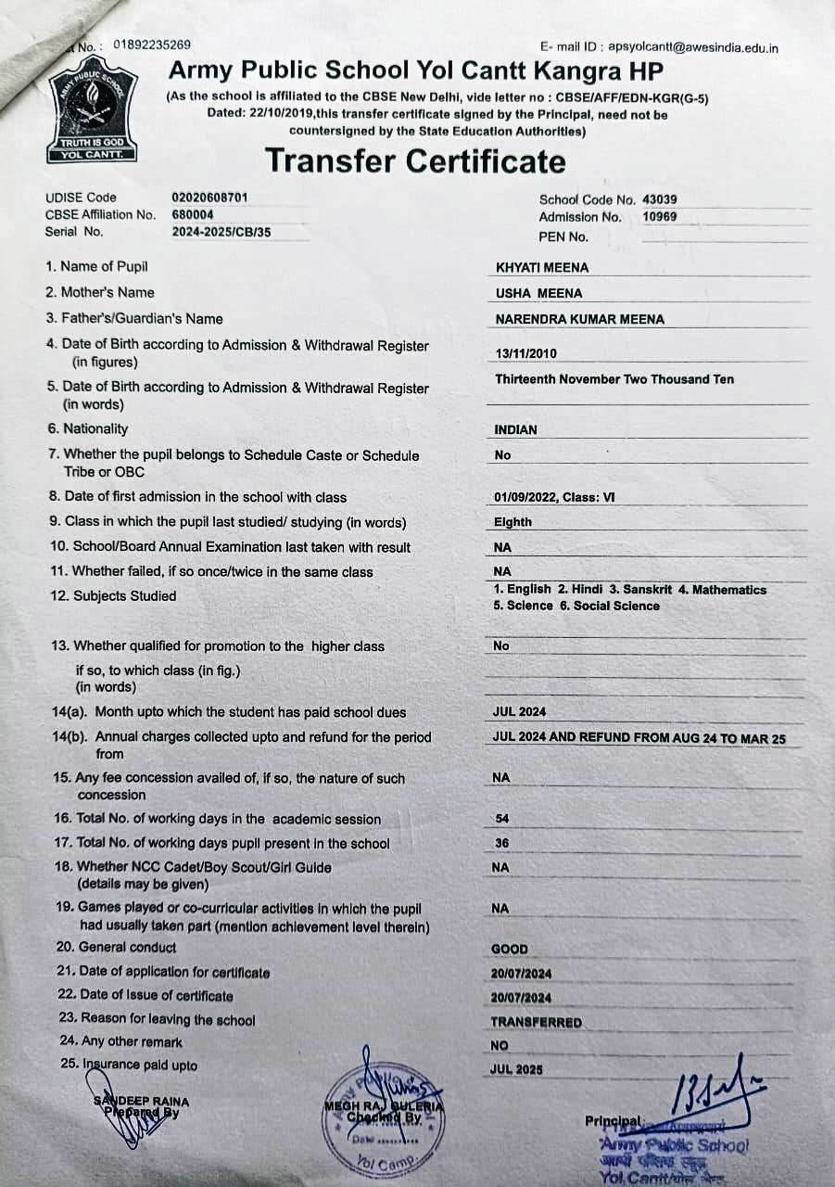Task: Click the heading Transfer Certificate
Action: point(415,161)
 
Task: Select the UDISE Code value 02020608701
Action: point(209,198)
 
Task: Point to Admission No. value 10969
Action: point(659,217)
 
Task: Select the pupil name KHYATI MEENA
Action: point(542,268)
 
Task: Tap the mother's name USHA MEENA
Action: point(539,294)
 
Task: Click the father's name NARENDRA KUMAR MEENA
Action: point(579,320)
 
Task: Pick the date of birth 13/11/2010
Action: point(526,353)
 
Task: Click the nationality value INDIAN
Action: point(516,430)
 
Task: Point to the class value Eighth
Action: point(512,523)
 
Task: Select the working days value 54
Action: point(502,820)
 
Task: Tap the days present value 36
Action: point(502,844)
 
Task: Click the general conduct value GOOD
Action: point(510,950)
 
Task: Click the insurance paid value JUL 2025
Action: point(516,1070)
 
